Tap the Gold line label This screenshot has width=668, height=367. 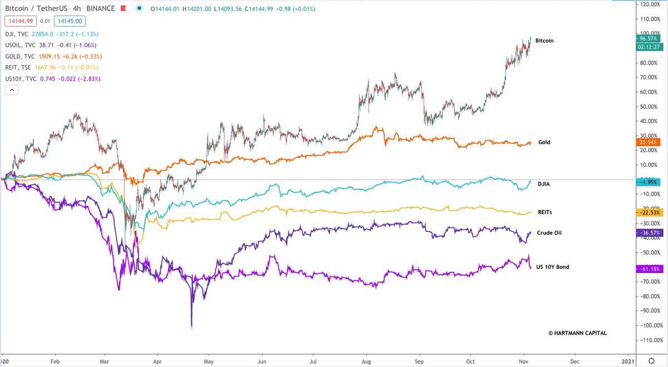click(x=544, y=142)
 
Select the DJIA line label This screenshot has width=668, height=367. click(x=544, y=182)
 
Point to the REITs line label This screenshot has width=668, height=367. click(x=545, y=212)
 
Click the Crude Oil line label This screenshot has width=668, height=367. click(x=549, y=233)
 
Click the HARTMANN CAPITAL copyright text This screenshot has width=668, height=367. click(x=577, y=333)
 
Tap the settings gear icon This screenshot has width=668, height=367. click(x=651, y=359)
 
